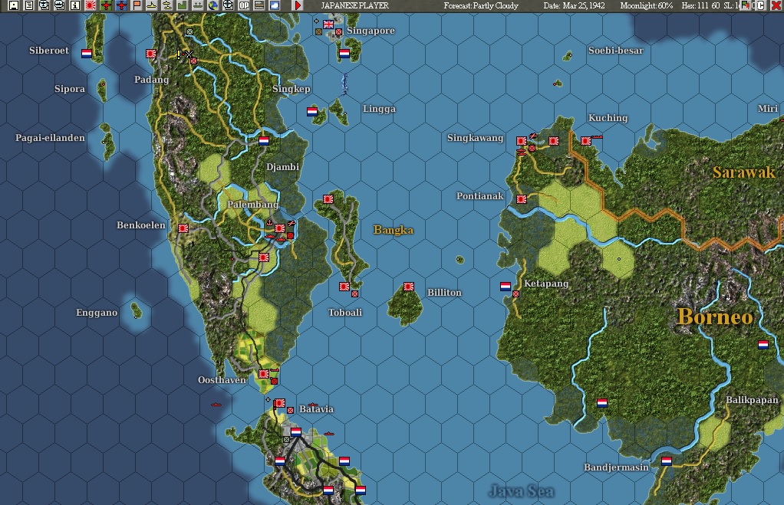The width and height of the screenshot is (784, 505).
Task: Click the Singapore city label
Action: [x=371, y=31]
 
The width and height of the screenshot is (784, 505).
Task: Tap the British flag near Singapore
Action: [x=329, y=25]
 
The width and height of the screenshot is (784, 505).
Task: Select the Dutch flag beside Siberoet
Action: [x=87, y=54]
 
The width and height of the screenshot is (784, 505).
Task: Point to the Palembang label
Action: [x=252, y=205]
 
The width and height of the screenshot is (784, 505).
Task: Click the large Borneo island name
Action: [x=715, y=316]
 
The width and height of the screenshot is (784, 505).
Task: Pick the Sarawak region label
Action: [x=743, y=172]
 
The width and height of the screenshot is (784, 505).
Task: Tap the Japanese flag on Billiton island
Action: [x=409, y=287]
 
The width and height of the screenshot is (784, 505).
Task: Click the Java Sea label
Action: [x=522, y=490]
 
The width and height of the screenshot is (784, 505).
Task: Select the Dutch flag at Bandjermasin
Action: [x=667, y=461]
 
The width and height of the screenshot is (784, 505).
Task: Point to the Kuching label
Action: [x=608, y=118]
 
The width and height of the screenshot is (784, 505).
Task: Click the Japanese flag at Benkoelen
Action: [x=183, y=228]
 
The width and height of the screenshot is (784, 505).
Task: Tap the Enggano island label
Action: [x=97, y=313]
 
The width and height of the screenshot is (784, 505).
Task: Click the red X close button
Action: [x=776, y=5]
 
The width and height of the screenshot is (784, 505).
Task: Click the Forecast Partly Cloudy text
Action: [x=481, y=5]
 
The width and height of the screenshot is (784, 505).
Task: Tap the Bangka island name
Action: [x=394, y=230]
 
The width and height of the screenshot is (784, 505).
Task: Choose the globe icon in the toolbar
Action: [x=212, y=5]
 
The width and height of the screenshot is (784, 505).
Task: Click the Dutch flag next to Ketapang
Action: [x=506, y=287]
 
